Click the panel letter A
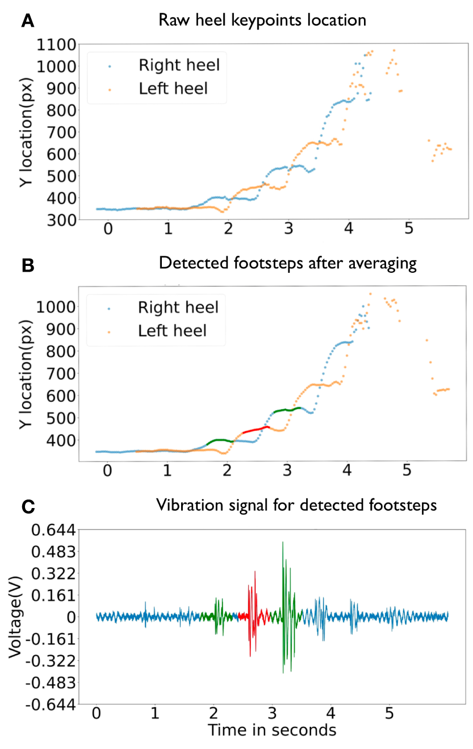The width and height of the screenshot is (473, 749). (27, 22)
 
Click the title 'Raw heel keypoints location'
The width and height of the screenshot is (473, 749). (262, 20)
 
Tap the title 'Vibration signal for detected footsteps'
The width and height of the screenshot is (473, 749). (296, 505)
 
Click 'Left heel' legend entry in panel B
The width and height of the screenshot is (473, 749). (173, 330)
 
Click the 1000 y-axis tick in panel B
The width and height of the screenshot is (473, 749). (57, 307)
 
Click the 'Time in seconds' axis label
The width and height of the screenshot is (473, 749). (272, 730)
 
